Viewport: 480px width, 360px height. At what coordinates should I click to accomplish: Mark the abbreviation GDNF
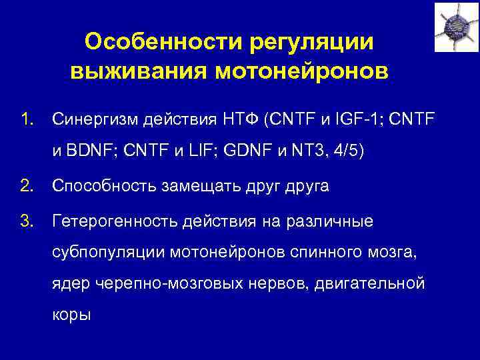pyautogui.click(x=247, y=151)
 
